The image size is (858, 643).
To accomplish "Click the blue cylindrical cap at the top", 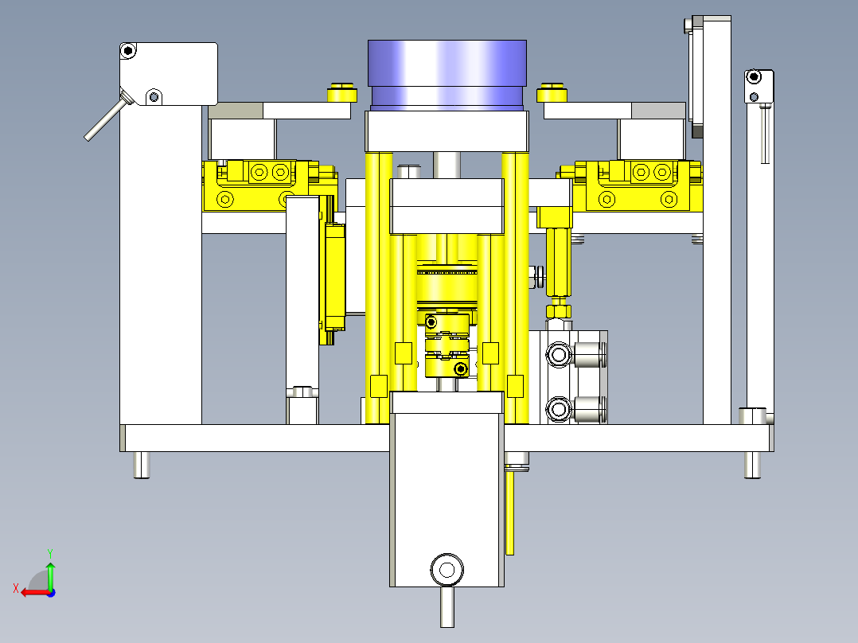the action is click(x=447, y=75).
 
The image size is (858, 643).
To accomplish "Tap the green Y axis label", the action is click(x=50, y=553).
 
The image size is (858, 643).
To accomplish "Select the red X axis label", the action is click(x=16, y=589).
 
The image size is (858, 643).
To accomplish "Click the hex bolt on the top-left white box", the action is click(x=128, y=51).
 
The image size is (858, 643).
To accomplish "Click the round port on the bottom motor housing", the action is click(x=447, y=570).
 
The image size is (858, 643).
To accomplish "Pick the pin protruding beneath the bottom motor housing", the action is click(x=447, y=606).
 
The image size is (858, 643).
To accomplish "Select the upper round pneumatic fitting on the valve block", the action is click(x=559, y=355).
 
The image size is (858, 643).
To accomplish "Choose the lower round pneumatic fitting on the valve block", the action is click(x=559, y=409).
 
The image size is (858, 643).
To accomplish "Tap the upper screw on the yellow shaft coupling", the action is click(x=431, y=321).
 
